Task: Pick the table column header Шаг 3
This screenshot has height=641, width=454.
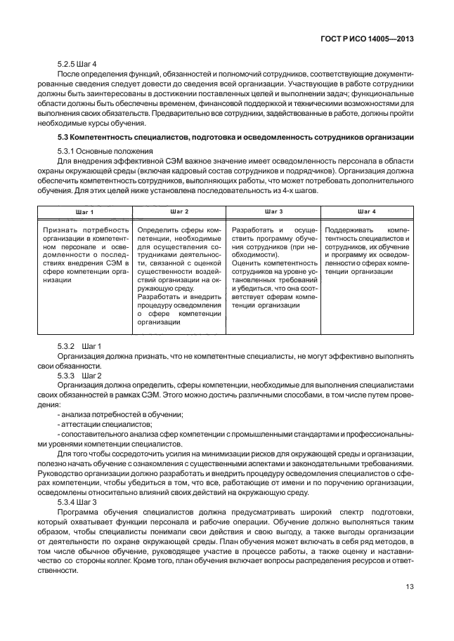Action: tap(273, 211)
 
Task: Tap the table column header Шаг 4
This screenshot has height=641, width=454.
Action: tap(366, 211)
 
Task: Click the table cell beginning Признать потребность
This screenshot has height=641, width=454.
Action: tap(86, 254)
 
